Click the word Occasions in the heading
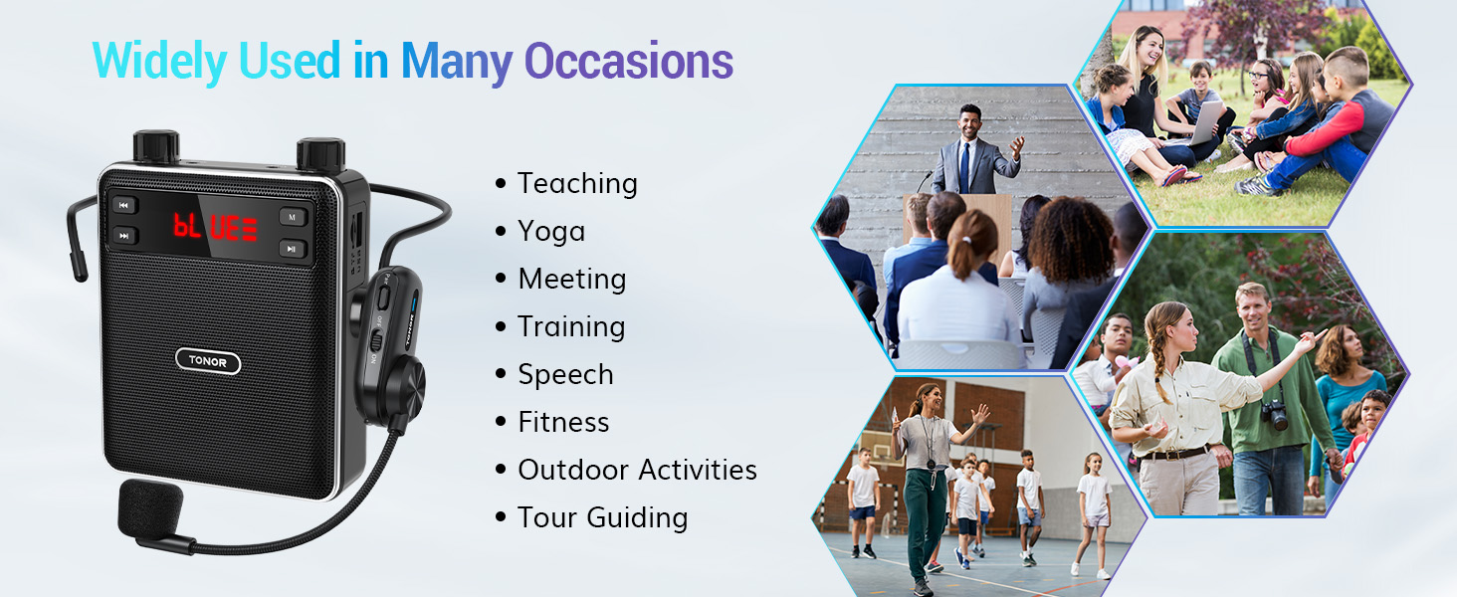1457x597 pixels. pyautogui.click(x=628, y=62)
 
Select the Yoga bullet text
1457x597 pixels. pyautogui.click(x=551, y=232)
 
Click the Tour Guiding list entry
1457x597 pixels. pyautogui.click(x=603, y=518)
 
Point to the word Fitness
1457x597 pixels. pyautogui.click(x=563, y=423)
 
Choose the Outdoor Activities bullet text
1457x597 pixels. pyautogui.click(x=637, y=471)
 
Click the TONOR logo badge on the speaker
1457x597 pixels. pyautogui.click(x=208, y=361)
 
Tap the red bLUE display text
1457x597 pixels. pyautogui.click(x=215, y=226)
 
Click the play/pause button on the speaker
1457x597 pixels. pyautogui.click(x=292, y=249)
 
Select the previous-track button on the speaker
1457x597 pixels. pyautogui.click(x=123, y=206)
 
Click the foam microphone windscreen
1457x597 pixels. pyautogui.click(x=150, y=507)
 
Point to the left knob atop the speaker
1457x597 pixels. pyautogui.click(x=156, y=145)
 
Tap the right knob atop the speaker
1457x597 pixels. pyautogui.click(x=320, y=154)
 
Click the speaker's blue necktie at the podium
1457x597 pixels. pyautogui.click(x=967, y=166)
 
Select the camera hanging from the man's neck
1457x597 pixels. pyautogui.click(x=1275, y=415)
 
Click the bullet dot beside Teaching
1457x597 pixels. pyautogui.click(x=501, y=183)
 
